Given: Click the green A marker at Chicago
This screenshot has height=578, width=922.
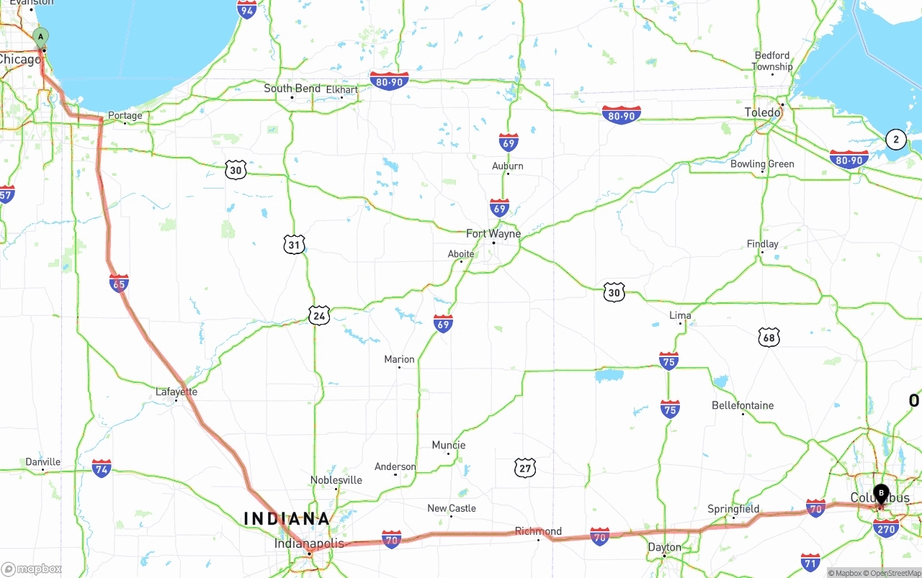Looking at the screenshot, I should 41,37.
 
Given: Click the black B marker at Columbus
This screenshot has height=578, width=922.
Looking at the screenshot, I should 881,494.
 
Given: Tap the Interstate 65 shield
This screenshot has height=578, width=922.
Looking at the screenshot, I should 120,283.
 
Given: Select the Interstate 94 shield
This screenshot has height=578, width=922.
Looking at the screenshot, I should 247,9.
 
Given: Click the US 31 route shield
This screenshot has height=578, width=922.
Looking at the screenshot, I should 294,244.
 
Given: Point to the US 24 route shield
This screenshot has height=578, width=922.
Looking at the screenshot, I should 319,315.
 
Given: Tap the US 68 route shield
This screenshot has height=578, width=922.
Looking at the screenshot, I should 769,337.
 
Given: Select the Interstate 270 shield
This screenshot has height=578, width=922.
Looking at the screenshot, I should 886,528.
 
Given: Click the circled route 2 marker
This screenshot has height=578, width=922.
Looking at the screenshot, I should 895,140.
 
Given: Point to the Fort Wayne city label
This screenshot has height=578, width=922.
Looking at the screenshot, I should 493,234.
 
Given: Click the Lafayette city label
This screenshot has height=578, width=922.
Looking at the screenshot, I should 176,392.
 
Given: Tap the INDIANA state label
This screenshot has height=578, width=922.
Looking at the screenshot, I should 287,518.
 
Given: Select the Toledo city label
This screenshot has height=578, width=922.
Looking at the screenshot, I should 763,112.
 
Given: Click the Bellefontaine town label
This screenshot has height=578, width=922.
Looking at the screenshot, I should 743,405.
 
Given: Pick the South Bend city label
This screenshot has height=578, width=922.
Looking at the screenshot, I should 292,89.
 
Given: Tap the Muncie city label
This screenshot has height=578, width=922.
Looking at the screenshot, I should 449,445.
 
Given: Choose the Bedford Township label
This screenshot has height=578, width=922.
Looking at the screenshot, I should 772,61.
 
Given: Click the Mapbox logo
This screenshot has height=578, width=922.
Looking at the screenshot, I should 32,569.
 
